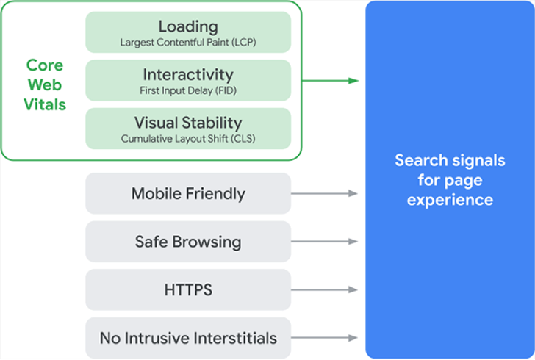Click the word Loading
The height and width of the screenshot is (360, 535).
pyautogui.click(x=188, y=27)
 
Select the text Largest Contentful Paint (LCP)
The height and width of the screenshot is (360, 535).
pyautogui.click(x=188, y=43)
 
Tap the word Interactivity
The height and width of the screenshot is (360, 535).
pyautogui.click(x=188, y=75)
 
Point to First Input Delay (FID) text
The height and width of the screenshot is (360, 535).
pyautogui.click(x=188, y=91)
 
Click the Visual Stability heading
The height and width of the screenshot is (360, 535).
pyautogui.click(x=188, y=123)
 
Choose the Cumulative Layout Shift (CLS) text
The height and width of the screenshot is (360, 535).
pyautogui.click(x=188, y=139)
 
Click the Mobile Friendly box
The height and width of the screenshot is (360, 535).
pyautogui.click(x=188, y=193)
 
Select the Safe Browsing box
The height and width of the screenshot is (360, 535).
pyautogui.click(x=188, y=242)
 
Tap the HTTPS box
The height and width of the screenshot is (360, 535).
pyautogui.click(x=188, y=289)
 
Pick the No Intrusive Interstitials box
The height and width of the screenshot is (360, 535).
pyautogui.click(x=188, y=338)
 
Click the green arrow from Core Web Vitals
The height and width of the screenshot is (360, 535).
pyautogui.click(x=330, y=81)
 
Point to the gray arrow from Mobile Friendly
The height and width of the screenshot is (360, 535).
pyautogui.click(x=324, y=193)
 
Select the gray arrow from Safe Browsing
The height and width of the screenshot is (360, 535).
pyautogui.click(x=324, y=242)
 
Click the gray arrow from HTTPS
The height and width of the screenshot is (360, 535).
pyautogui.click(x=324, y=289)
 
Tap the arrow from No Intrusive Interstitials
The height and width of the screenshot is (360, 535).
pyautogui.click(x=324, y=338)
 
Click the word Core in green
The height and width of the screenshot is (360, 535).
pyautogui.click(x=45, y=65)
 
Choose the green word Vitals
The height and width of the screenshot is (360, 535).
pyautogui.click(x=45, y=104)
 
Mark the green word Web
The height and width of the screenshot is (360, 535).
pyautogui.click(x=45, y=84)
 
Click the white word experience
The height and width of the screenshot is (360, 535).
pyautogui.click(x=450, y=201)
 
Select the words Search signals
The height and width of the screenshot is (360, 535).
pyautogui.click(x=450, y=161)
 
